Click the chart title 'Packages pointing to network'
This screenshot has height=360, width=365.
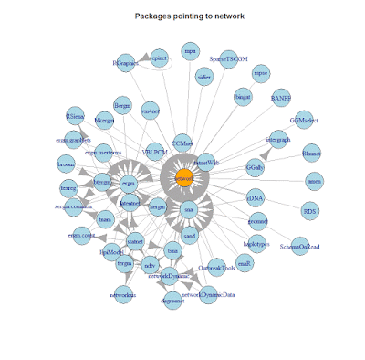click(182, 16)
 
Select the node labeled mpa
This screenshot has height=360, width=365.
click(189, 50)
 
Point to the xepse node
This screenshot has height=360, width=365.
click(261, 72)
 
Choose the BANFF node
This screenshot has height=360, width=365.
click(279, 97)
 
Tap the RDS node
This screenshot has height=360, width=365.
click(309, 209)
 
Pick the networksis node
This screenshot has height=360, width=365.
click(127, 294)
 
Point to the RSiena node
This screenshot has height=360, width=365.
click(75, 118)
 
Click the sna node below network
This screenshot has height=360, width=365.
click(189, 211)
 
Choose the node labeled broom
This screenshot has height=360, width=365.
click(66, 164)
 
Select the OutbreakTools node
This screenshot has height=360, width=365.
click(217, 267)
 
